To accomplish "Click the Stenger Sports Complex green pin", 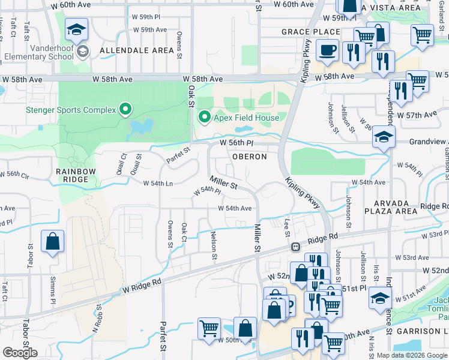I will pyautogui.click(x=125, y=110).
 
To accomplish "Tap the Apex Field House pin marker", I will pyautogui.click(x=205, y=117).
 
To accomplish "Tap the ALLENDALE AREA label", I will pyautogui.click(x=137, y=50).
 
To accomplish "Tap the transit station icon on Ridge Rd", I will pyautogui.click(x=295, y=247).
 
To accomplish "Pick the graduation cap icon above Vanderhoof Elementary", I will pyautogui.click(x=77, y=30).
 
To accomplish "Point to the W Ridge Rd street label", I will pyautogui.click(x=142, y=285).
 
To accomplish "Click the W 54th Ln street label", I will pyautogui.click(x=158, y=183).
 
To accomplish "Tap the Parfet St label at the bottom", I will pyautogui.click(x=162, y=338).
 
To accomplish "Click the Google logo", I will pyautogui.click(x=20, y=353).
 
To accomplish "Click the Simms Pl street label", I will pyautogui.click(x=55, y=286).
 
